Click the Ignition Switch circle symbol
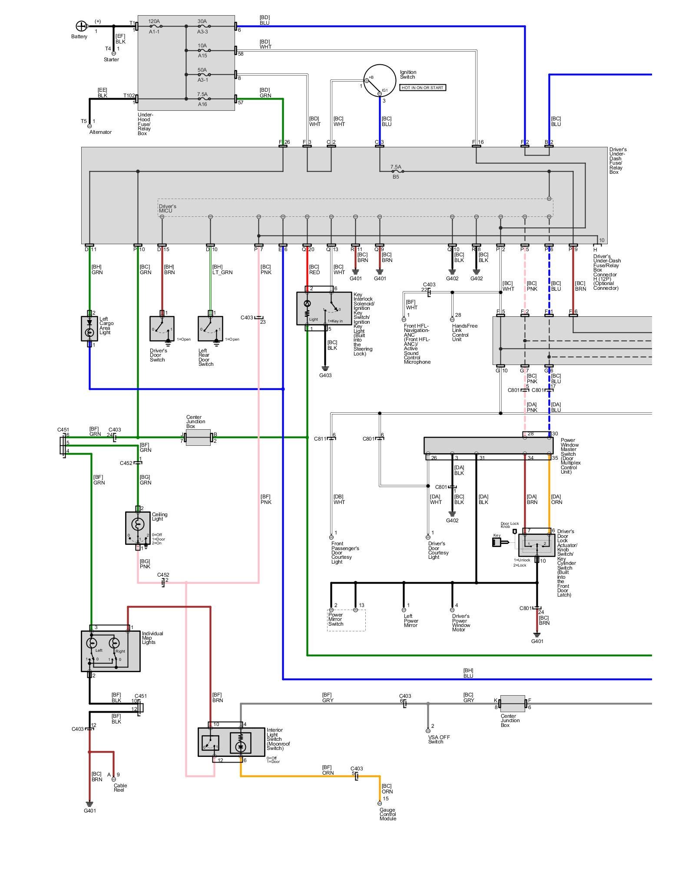pos(380,81)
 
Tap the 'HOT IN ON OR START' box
pos(423,88)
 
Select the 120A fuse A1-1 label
pos(154,27)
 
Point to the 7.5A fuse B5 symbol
pos(395,172)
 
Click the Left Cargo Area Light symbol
pos(89,328)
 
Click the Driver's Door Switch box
pos(162,328)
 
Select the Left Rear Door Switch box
pos(210,328)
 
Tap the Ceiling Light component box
pos(138,527)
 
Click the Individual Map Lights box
pos(110,651)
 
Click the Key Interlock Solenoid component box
pos(324,308)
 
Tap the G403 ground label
pos(325,375)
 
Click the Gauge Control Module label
pos(388,814)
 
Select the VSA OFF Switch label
pos(439,740)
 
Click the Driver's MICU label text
pos(167,209)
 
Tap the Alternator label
pos(100,132)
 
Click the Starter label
pos(111,60)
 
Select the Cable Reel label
pos(120,788)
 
